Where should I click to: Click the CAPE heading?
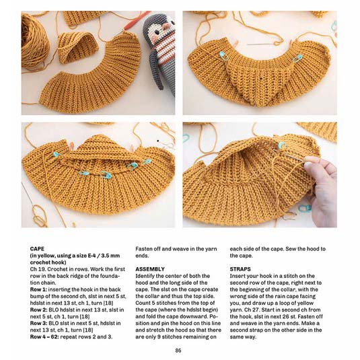click(x=37, y=249)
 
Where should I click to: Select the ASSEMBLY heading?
click(x=150, y=269)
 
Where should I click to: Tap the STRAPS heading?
click(x=240, y=269)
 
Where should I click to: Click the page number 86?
click(x=178, y=351)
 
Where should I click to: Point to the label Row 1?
click(x=38, y=289)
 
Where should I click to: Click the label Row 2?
click(x=38, y=310)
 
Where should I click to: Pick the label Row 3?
click(x=38, y=323)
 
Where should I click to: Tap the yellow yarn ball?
click(x=34, y=41)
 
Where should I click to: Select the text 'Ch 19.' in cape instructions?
click(x=38, y=269)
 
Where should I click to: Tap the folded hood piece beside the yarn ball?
click(x=77, y=48)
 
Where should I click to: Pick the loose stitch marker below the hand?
click(x=305, y=208)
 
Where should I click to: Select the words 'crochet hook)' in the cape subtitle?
click(x=48, y=262)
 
